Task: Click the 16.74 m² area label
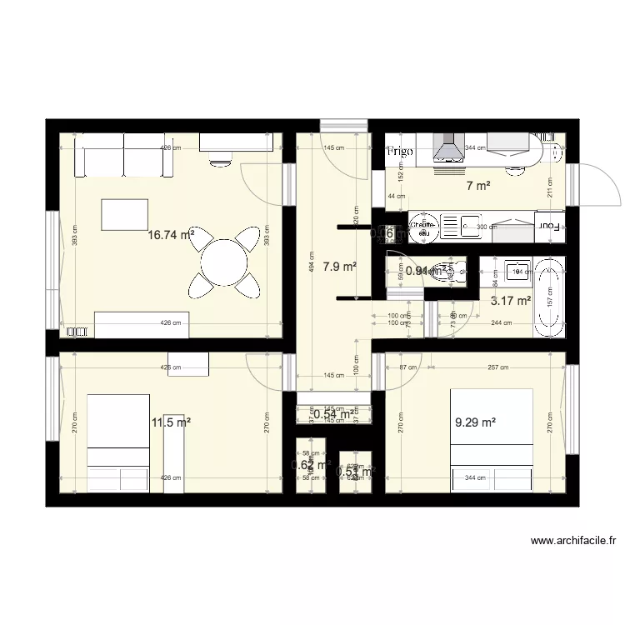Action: (171, 235)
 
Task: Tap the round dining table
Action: (222, 261)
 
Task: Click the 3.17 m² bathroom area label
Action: (511, 301)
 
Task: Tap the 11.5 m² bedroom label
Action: (170, 422)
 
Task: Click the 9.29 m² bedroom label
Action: (475, 422)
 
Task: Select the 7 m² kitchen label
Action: (477, 186)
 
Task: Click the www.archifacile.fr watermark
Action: (573, 541)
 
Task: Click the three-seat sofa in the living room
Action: (125, 157)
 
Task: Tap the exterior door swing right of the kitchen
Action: (593, 183)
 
